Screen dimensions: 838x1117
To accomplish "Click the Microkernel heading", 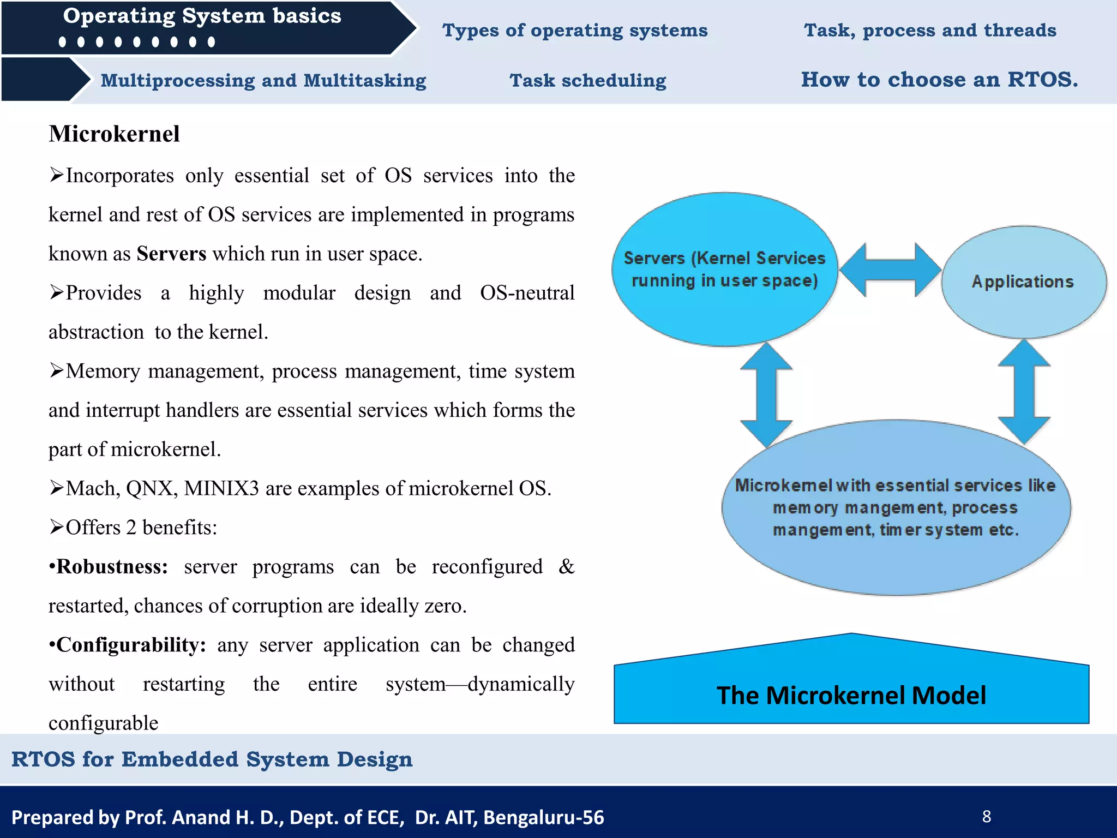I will click(x=114, y=134).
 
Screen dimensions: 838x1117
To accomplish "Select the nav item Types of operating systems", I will click(x=574, y=31).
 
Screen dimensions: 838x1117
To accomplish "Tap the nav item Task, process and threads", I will click(x=930, y=31).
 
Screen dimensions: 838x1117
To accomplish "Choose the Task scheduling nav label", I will click(x=587, y=81).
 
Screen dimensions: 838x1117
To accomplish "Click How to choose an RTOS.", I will click(x=939, y=80).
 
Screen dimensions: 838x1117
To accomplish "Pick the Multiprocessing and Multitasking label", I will click(x=263, y=81).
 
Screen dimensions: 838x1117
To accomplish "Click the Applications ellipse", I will click(x=1023, y=282).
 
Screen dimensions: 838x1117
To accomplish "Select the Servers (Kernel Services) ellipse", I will click(x=724, y=270).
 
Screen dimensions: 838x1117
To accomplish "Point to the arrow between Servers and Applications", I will click(x=890, y=270).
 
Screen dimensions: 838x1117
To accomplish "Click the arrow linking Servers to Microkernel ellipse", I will click(x=766, y=394).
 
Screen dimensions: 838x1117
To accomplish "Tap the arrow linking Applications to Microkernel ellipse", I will click(x=1024, y=392).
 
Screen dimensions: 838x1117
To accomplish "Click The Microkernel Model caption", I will click(x=851, y=695).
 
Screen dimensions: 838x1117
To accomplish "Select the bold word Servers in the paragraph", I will click(x=171, y=254).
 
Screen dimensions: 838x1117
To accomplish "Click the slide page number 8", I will click(x=986, y=816).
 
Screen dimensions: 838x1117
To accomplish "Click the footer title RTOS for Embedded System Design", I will click(x=212, y=759).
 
